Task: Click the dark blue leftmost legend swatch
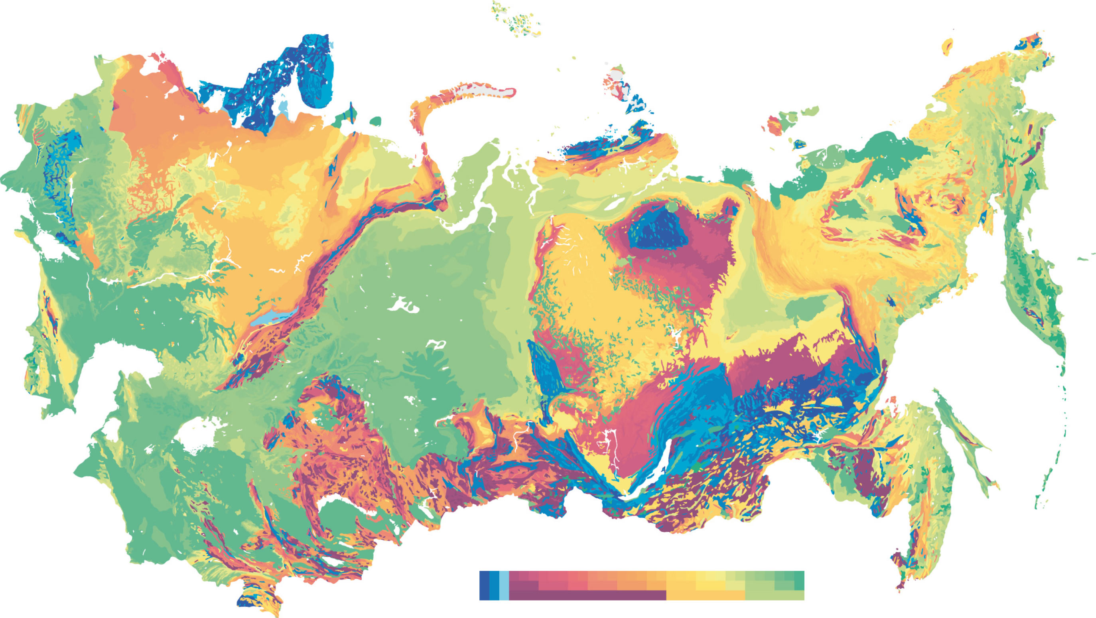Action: coord(484,585)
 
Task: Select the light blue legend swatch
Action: coord(504,585)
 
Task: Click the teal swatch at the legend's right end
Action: coord(799,581)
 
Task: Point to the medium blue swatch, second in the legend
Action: coord(494,585)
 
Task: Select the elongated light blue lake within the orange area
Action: coord(272,318)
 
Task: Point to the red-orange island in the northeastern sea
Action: coord(775,126)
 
